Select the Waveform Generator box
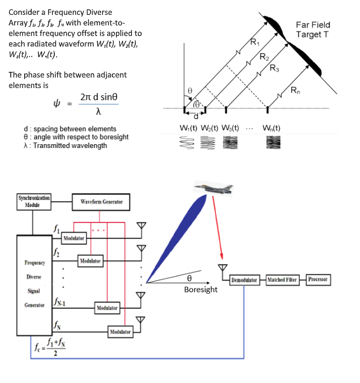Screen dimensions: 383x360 click(101, 202)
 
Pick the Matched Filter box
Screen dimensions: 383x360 click(283, 280)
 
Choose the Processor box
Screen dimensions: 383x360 click(318, 280)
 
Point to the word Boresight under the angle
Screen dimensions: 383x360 click(201, 289)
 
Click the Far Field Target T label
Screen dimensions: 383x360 click(313, 30)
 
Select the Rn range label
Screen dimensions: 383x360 click(295, 90)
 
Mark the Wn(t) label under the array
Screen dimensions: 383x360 click(271, 129)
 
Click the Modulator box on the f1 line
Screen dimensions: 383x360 click(74, 238)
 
